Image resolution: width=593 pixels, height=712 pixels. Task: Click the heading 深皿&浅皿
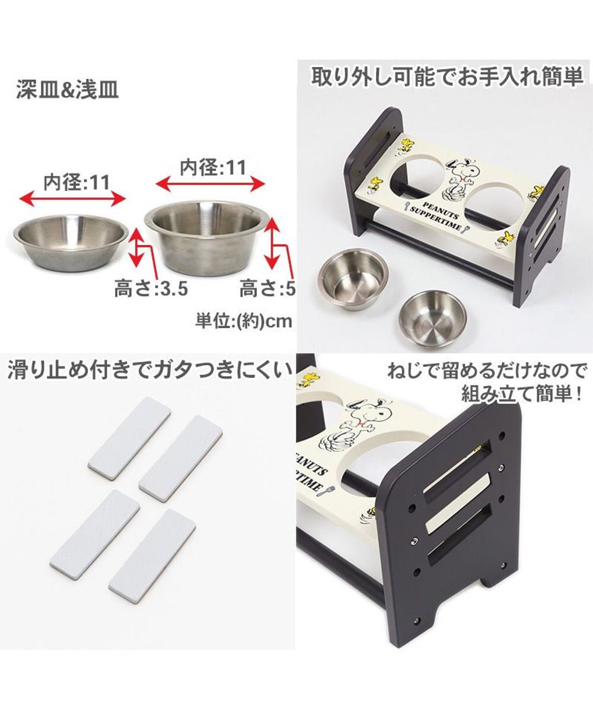(x=68, y=91)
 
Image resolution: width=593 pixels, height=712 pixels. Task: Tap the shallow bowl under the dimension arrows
(x=71, y=241)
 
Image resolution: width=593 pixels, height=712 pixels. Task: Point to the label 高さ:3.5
(x=151, y=290)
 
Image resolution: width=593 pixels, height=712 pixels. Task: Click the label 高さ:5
(x=267, y=290)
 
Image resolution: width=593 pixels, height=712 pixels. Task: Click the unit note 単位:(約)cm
(x=244, y=321)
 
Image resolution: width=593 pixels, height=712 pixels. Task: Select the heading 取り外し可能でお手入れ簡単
(x=448, y=78)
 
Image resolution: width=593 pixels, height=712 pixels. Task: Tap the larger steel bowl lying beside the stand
(x=353, y=277)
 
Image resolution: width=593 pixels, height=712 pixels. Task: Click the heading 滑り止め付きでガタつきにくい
(x=149, y=371)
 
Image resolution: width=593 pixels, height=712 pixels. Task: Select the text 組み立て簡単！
(x=522, y=393)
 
